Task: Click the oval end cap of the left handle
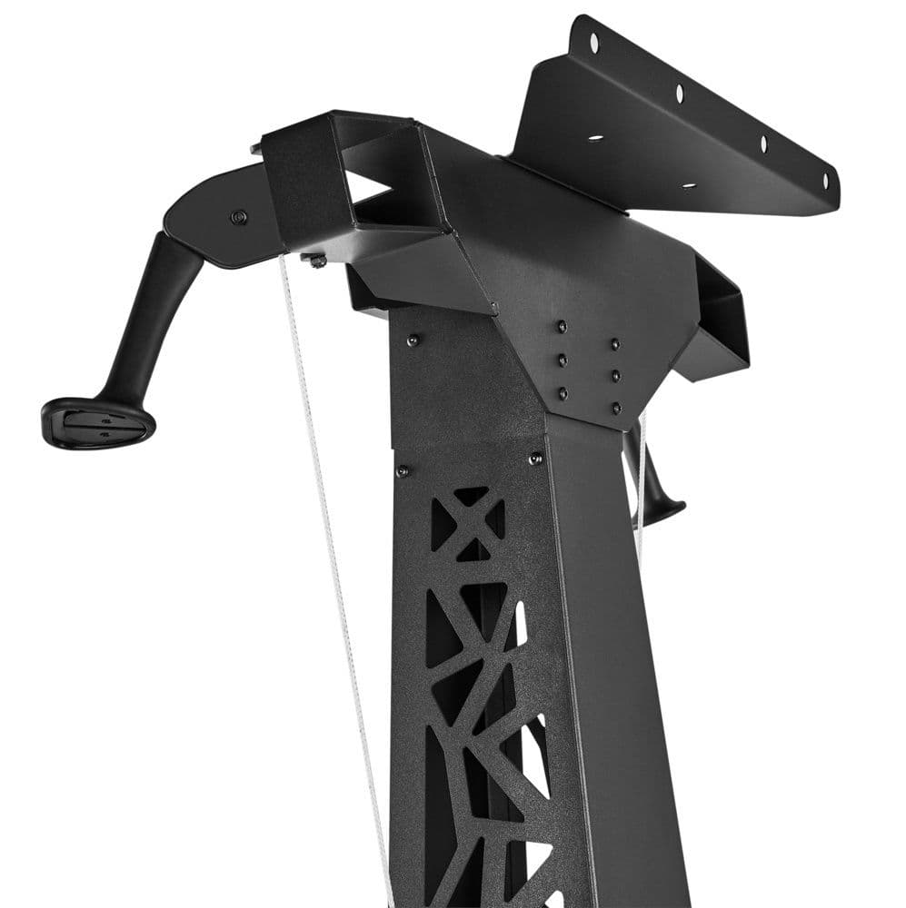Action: (97, 422)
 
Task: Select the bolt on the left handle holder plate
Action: (238, 217)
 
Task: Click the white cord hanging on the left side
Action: (327, 545)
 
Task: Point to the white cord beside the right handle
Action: (642, 490)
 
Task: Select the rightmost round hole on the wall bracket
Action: (825, 181)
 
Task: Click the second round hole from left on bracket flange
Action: (679, 91)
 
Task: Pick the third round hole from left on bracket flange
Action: (763, 143)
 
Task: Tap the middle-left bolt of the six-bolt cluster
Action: (563, 359)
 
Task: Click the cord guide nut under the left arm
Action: (315, 262)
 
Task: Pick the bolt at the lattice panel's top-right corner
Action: (534, 459)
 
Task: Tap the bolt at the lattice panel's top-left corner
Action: (403, 470)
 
